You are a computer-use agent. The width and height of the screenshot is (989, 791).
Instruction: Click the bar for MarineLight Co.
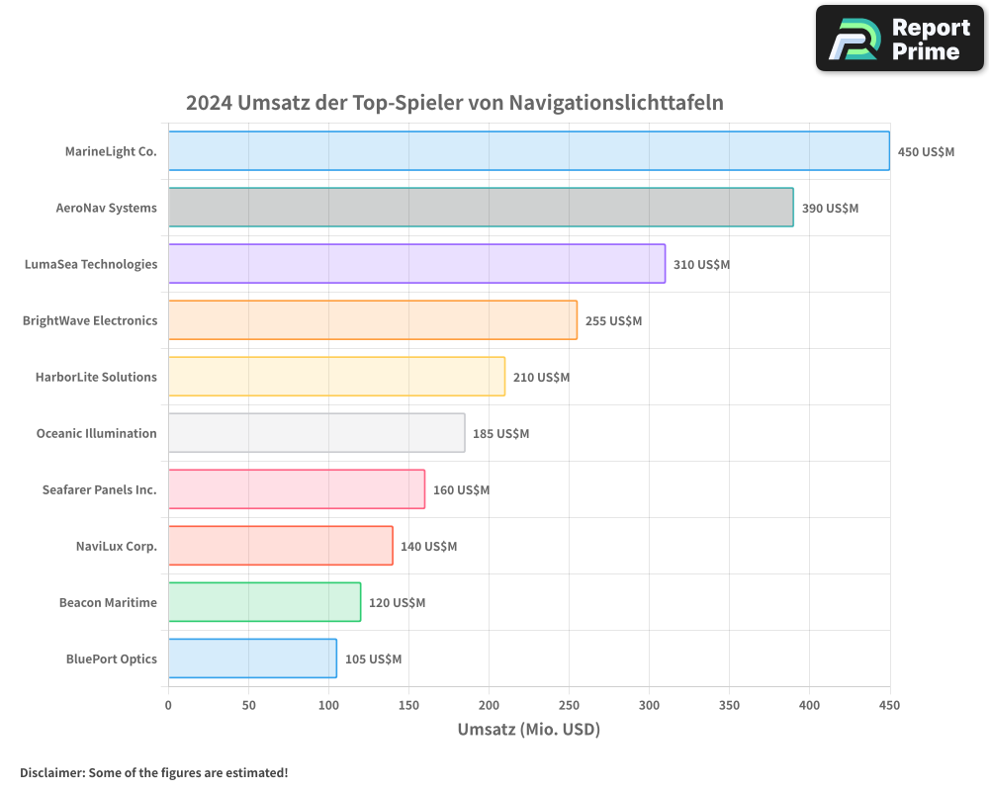(528, 151)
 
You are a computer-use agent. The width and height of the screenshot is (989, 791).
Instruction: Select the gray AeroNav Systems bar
(481, 208)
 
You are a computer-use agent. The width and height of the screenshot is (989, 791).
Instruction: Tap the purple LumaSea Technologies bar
(416, 264)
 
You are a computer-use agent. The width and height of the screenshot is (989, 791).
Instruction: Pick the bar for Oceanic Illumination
(316, 433)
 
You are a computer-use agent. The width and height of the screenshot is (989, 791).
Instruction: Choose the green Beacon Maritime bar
(264, 602)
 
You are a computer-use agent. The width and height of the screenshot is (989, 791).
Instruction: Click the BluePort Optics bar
(252, 659)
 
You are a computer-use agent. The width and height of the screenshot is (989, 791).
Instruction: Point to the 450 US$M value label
(926, 152)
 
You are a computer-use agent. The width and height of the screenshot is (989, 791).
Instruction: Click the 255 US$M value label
(613, 321)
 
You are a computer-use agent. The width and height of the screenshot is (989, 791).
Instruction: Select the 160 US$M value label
(461, 490)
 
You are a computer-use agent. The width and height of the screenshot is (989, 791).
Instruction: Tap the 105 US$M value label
(373, 659)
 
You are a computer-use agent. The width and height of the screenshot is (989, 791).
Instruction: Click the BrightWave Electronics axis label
(90, 320)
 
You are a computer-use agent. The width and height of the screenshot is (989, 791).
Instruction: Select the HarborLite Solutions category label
(96, 377)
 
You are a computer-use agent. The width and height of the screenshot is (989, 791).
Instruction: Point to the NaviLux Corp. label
(116, 546)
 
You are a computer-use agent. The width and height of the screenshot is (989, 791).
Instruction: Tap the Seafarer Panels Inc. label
(99, 489)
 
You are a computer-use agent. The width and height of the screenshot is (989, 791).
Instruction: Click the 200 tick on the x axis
(489, 705)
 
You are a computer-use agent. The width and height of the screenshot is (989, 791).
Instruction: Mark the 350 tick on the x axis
(729, 705)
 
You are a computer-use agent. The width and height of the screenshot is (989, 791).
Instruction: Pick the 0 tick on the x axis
(168, 705)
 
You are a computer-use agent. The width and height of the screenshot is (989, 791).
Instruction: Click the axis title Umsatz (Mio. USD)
(528, 730)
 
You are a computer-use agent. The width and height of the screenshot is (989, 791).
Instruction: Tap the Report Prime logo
(900, 39)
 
